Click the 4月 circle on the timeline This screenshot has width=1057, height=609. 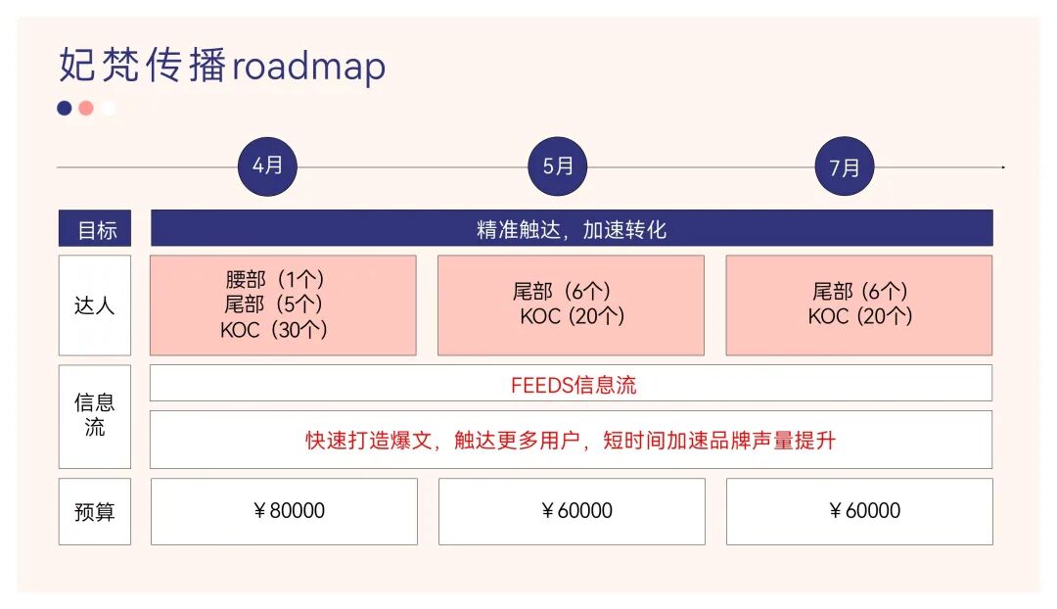267,166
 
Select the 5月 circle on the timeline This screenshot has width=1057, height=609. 558,166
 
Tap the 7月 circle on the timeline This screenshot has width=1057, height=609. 845,166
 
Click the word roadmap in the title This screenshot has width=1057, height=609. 309,67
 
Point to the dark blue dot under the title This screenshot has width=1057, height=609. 65,108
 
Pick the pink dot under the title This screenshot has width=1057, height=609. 86,108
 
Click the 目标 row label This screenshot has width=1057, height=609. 96,230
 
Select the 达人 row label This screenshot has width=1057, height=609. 94,305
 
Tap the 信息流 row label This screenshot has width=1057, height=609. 94,415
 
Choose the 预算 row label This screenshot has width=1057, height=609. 94,511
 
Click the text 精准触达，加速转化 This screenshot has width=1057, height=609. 572,229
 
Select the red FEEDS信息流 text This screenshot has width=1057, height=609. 574,385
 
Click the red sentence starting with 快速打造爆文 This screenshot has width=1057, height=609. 571,440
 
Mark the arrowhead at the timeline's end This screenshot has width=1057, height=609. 1003,167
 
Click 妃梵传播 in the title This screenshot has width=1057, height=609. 143,67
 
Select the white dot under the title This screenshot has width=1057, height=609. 108,108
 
